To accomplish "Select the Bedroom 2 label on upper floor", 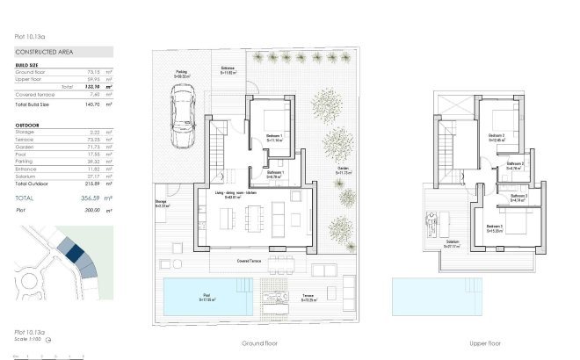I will coord(497,136).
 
